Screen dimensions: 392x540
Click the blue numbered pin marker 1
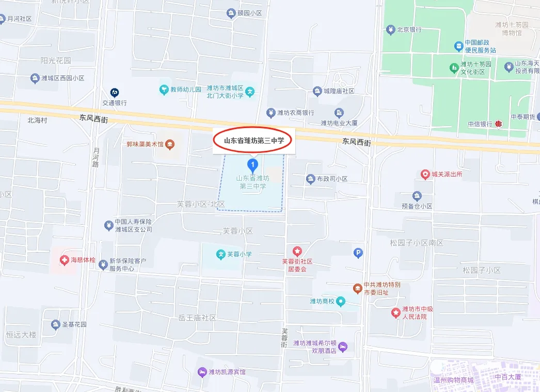(252, 165)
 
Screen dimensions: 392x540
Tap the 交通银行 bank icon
(115, 92)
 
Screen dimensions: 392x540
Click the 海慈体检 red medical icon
(64, 259)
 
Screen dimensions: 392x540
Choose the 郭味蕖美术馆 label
(145, 144)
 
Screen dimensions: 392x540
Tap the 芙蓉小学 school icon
(220, 254)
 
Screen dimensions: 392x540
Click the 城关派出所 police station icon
(425, 175)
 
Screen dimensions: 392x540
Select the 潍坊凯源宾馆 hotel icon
(202, 372)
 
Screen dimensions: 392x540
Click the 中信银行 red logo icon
(499, 124)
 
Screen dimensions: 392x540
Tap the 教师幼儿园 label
(186, 89)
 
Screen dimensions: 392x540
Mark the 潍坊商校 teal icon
(341, 302)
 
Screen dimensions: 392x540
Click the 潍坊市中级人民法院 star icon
(395, 312)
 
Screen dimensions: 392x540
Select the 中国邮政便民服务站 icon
(458, 46)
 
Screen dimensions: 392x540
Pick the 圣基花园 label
(74, 325)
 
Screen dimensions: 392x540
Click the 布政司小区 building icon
(310, 179)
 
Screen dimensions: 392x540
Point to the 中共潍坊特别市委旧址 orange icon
(357, 288)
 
